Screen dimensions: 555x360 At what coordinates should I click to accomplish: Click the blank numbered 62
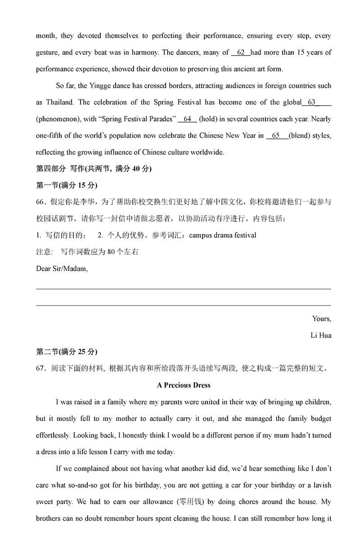(x=241, y=53)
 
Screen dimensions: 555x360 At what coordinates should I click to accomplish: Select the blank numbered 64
(x=187, y=119)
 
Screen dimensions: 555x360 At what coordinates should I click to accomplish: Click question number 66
(x=41, y=202)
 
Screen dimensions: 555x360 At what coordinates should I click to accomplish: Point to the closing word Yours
(x=321, y=319)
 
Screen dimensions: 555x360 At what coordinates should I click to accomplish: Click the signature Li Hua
(x=321, y=335)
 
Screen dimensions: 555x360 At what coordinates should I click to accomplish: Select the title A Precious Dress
(x=184, y=385)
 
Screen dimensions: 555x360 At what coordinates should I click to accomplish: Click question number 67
(x=41, y=369)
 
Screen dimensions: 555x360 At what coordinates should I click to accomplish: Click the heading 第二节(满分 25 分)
(x=66, y=352)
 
